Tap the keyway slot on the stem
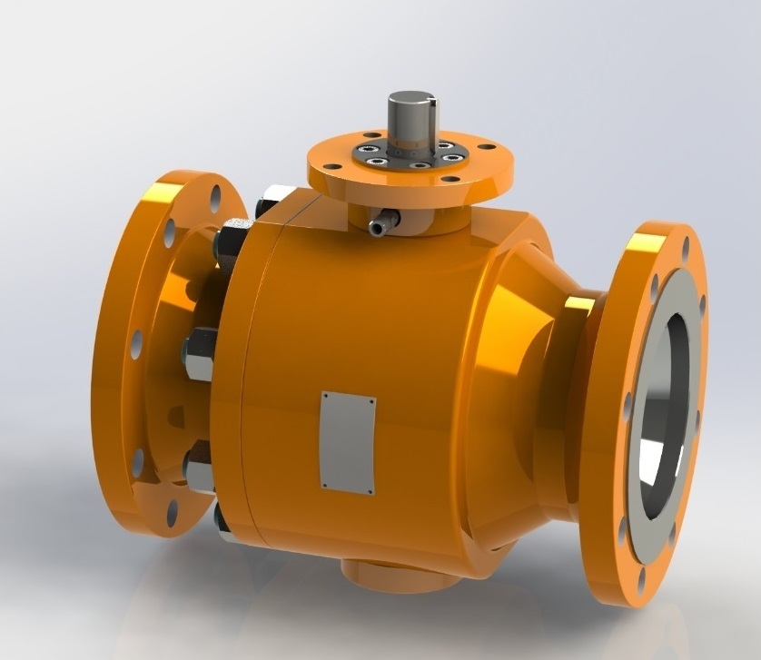(431, 113)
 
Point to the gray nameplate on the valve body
(348, 443)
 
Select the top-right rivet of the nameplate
(371, 399)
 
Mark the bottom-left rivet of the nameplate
(324, 485)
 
